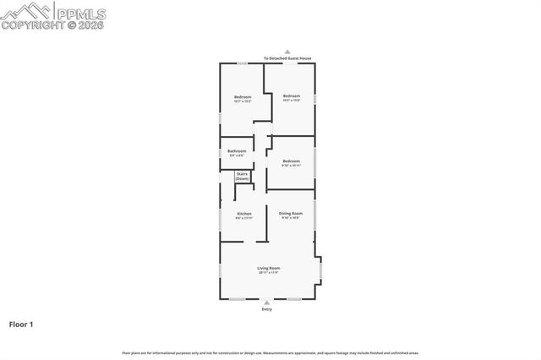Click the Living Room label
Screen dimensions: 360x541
269,268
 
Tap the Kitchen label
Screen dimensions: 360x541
243,214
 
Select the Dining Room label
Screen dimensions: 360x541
291,214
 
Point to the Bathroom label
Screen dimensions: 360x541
237,151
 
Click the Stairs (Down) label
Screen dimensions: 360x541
242,176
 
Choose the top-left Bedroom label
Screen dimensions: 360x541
243,97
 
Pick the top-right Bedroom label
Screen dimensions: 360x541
292,95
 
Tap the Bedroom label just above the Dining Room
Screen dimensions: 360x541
291,161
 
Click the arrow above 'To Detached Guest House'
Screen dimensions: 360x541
287,51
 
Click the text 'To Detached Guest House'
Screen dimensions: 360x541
287,58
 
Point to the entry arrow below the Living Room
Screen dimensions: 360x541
268,303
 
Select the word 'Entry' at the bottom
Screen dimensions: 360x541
268,309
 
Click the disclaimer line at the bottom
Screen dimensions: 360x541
270,353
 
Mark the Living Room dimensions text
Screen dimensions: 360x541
269,272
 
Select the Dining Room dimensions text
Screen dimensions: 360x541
291,218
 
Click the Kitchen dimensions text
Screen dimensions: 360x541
243,218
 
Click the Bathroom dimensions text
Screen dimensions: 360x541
237,155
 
